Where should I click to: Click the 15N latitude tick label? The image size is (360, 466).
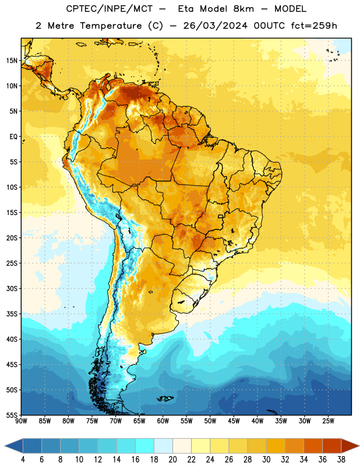pyautogui.click(x=12, y=61)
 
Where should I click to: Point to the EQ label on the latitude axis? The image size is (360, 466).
pyautogui.click(x=13, y=137)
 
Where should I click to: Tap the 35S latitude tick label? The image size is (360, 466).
pyautogui.click(x=12, y=314)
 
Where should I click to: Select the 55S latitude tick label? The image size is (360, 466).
pyautogui.click(x=12, y=415)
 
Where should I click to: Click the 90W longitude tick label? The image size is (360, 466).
pyautogui.click(x=21, y=421)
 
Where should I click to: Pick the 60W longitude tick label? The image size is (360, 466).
pyautogui.click(x=163, y=421)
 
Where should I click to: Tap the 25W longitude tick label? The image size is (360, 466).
pyautogui.click(x=328, y=421)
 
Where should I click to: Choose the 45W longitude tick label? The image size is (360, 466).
pyautogui.click(x=234, y=421)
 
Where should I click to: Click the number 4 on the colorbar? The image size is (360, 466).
pyautogui.click(x=23, y=460)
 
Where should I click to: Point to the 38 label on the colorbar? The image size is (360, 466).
pyautogui.click(x=341, y=460)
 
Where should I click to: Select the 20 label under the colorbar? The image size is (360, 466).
pyautogui.click(x=172, y=460)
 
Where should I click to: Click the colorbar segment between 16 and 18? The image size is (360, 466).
pyautogui.click(x=144, y=446)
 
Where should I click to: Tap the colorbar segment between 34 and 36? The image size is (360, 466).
pyautogui.click(x=313, y=446)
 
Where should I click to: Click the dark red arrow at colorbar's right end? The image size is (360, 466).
pyautogui.click(x=350, y=446)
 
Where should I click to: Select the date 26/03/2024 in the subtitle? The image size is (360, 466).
pyautogui.click(x=215, y=26)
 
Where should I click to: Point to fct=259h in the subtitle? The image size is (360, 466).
pyautogui.click(x=314, y=26)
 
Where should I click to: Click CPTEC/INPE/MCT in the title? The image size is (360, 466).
pyautogui.click(x=110, y=9)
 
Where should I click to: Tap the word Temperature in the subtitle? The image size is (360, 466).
pyautogui.click(x=111, y=26)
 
